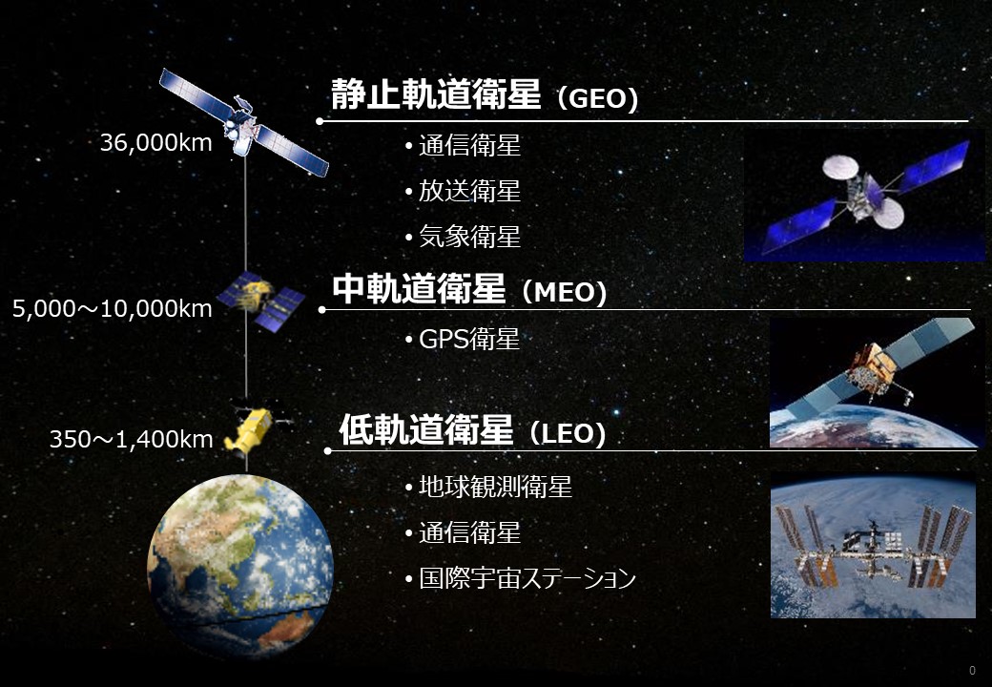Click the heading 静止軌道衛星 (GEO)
[x=484, y=94]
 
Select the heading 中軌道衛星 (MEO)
[x=469, y=289]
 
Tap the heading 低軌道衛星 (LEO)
[x=472, y=430]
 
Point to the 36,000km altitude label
[x=155, y=143]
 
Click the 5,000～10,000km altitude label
[x=112, y=309]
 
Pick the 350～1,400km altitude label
[x=131, y=439]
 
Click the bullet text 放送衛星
[x=469, y=191]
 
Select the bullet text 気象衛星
[x=469, y=237]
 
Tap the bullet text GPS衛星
[x=468, y=339]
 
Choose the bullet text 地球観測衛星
[x=495, y=487]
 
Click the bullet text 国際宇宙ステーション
[x=527, y=577]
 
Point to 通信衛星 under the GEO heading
[x=469, y=145]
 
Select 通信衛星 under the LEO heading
[x=469, y=532]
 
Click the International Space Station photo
[x=873, y=544]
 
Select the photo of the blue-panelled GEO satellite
[x=864, y=197]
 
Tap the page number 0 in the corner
[x=972, y=671]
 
